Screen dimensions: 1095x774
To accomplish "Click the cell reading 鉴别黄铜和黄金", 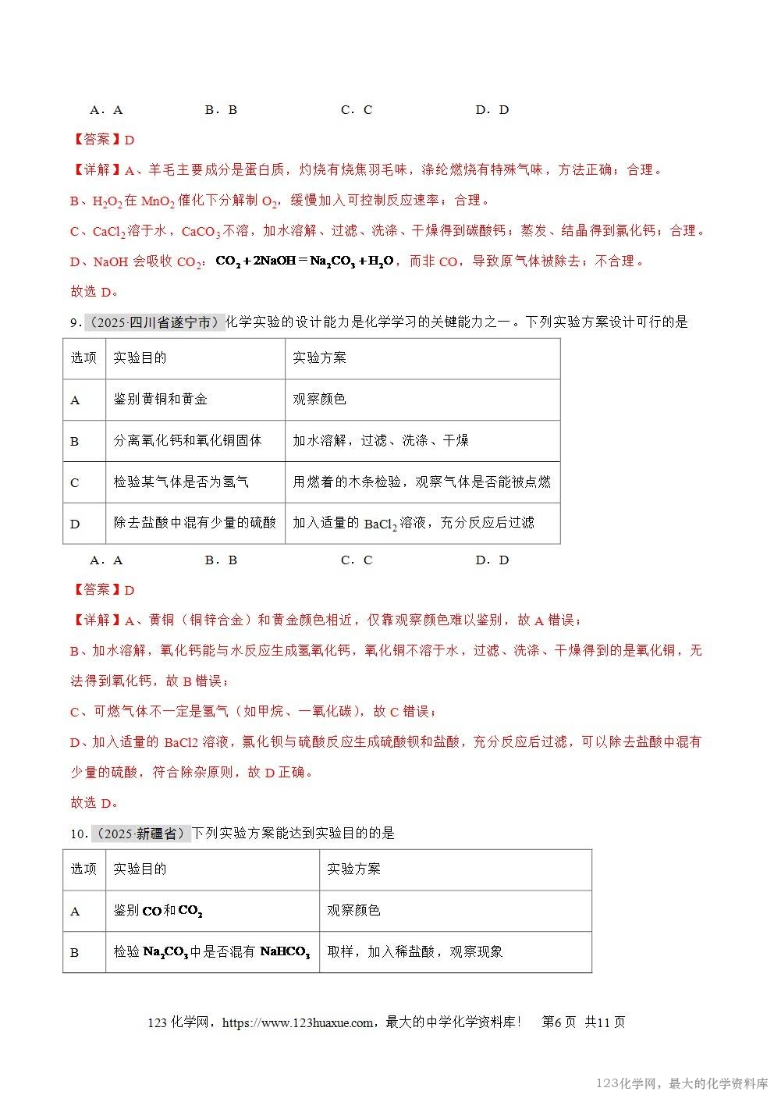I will click(x=161, y=400).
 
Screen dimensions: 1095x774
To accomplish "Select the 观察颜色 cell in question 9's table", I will click(x=319, y=400).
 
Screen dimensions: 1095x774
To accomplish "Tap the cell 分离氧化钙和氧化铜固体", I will click(x=187, y=441).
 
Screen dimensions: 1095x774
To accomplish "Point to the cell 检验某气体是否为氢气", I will click(x=181, y=482).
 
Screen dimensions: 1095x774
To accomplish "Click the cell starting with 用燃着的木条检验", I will click(x=421, y=482).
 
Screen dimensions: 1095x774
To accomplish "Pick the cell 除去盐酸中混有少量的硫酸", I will click(x=194, y=523).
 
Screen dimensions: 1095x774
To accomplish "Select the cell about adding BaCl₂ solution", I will click(x=414, y=523).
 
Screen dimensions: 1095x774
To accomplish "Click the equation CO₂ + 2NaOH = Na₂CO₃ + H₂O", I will click(x=304, y=261).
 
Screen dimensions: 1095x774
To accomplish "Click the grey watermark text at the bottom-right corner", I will click(x=682, y=1083).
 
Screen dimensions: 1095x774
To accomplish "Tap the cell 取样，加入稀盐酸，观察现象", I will click(x=414, y=952).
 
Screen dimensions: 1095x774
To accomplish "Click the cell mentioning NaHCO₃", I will click(x=211, y=952).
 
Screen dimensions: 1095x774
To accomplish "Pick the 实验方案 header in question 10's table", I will click(x=353, y=869).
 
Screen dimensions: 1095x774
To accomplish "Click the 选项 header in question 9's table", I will click(x=83, y=358).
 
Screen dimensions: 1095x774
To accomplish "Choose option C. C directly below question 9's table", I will click(x=357, y=560).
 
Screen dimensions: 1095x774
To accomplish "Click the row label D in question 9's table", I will click(x=75, y=524).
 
